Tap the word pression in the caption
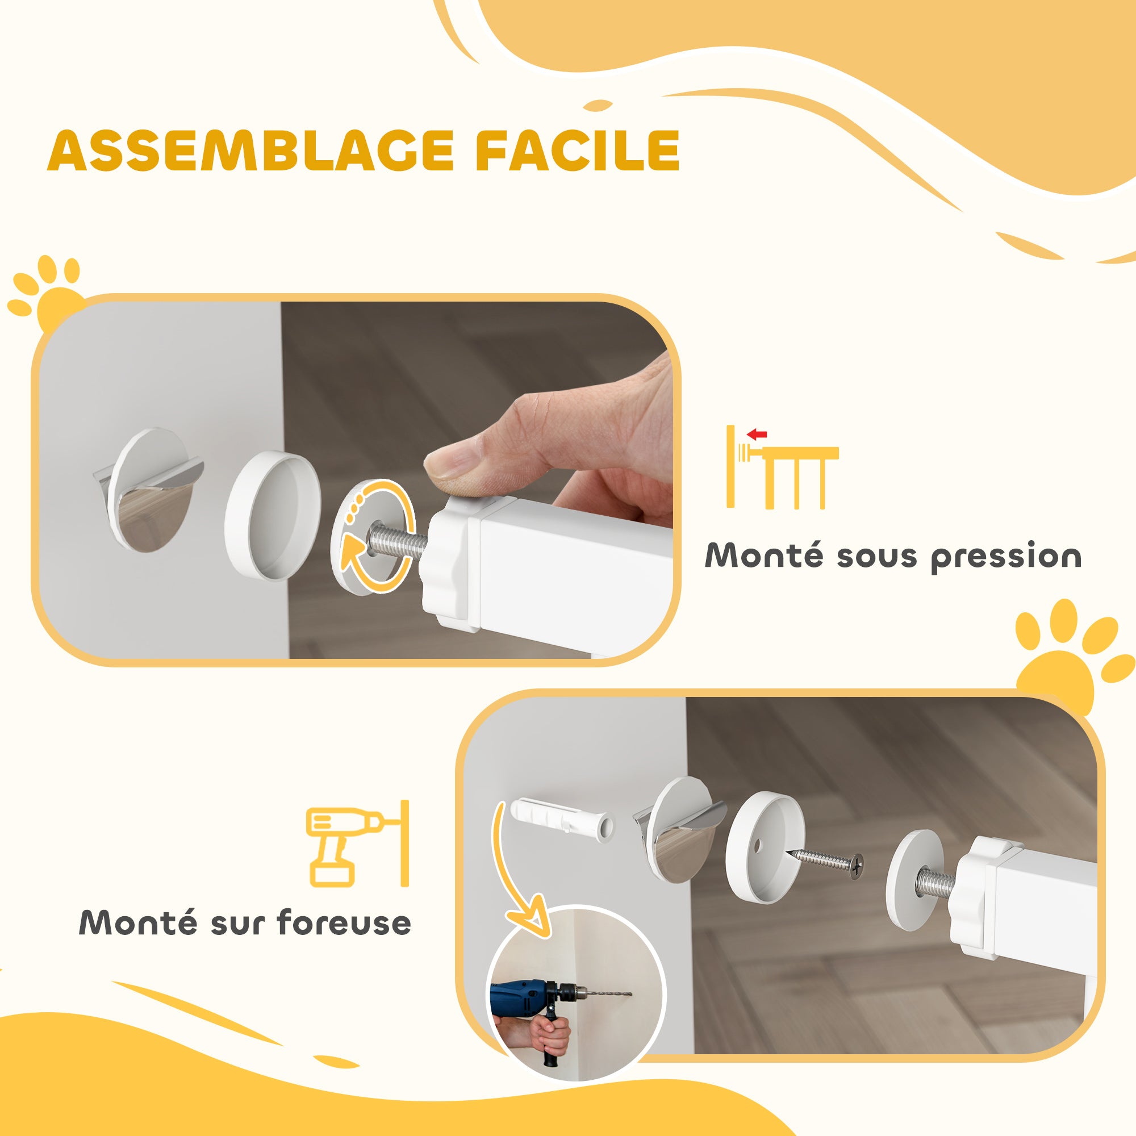coord(1006,556)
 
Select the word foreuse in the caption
coord(344,922)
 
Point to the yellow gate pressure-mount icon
coord(782,467)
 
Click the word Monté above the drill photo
coord(137,922)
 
